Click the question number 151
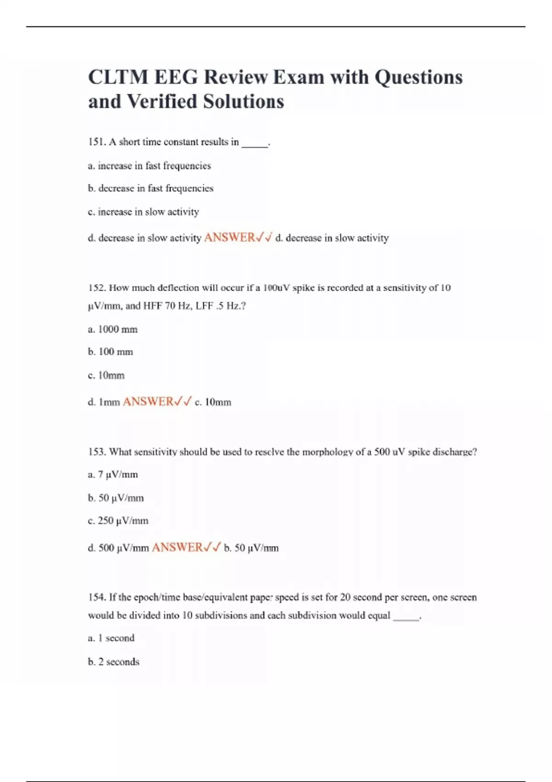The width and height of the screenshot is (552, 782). pos(97,142)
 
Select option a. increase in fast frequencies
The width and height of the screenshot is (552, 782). pos(149,166)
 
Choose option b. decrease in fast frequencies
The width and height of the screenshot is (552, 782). pos(150,189)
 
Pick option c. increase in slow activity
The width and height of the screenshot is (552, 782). pos(144,212)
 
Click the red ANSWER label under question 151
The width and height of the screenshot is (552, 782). pos(230,237)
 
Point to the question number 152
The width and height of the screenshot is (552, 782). pos(97,288)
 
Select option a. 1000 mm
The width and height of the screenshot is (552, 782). pos(113,329)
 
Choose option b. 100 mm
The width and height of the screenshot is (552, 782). pos(110,352)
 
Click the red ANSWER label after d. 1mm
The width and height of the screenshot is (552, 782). pos(148,402)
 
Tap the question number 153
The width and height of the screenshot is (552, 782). pos(97,452)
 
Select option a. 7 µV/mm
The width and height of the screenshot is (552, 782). pos(113,475)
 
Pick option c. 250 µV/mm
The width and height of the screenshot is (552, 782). pos(118,521)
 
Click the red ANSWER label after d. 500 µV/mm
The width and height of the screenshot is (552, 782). pos(177,547)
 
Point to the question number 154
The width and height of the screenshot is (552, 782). pos(97,598)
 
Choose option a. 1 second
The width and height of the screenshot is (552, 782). pos(111,638)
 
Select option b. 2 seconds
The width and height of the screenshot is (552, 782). pos(114,662)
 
